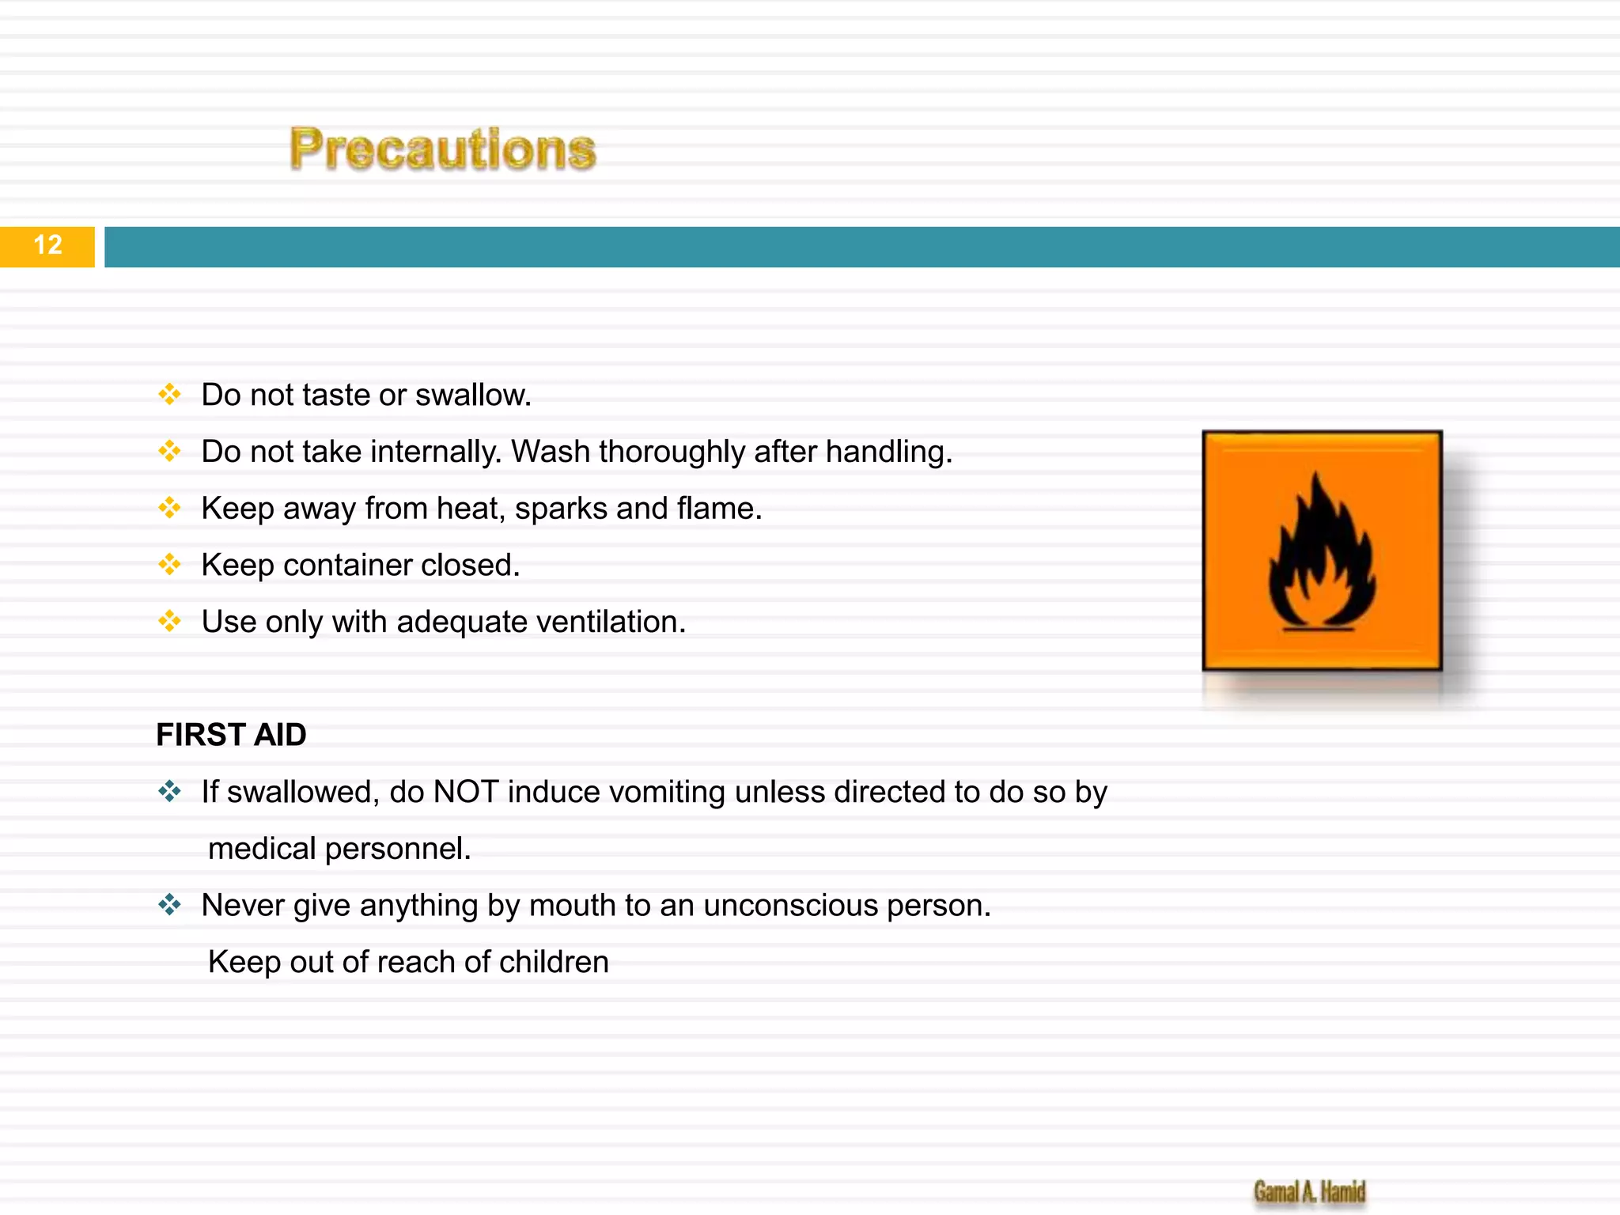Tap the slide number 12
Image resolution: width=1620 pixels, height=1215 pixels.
47,245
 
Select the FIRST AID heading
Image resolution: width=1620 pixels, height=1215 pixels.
231,735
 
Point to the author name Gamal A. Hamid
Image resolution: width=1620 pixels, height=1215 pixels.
1309,1191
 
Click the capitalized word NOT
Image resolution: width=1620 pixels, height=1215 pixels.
466,792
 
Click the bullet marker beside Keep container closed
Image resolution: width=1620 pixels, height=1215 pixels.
169,565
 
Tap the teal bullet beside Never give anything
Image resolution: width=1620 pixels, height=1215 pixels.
169,904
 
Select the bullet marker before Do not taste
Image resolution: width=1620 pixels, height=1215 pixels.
169,394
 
